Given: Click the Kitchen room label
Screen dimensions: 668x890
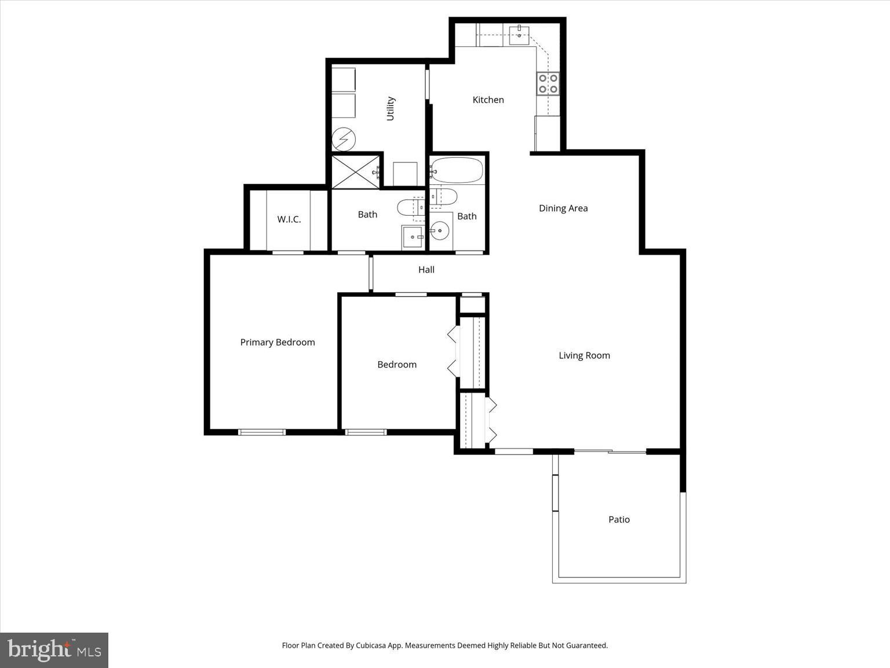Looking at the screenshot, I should click(x=488, y=100).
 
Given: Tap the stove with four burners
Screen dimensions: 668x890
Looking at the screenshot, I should click(x=548, y=83).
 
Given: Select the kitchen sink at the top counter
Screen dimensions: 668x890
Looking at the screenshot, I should click(x=519, y=35).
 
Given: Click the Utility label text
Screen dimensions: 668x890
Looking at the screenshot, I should click(x=390, y=108).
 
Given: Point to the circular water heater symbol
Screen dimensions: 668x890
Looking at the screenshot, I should click(x=343, y=139).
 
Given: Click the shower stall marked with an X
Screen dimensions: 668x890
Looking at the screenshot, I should click(x=355, y=172).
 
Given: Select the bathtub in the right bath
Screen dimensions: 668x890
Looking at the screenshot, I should click(x=457, y=170).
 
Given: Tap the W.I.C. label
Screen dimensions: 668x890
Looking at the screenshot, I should click(x=289, y=219).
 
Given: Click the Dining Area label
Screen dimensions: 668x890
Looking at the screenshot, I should click(x=563, y=208).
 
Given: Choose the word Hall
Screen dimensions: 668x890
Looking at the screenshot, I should click(x=426, y=270).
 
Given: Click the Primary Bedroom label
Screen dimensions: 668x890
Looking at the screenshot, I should click(x=278, y=342).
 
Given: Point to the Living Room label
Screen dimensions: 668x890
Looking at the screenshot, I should click(x=584, y=355).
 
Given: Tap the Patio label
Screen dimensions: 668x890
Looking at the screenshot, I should click(x=619, y=520).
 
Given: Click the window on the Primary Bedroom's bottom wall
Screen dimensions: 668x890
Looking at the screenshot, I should click(x=262, y=432).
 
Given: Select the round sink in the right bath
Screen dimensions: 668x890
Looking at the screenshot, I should click(x=440, y=231).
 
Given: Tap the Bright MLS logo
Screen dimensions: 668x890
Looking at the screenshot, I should click(x=54, y=650).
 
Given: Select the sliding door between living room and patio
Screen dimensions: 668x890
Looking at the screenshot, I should click(x=610, y=451).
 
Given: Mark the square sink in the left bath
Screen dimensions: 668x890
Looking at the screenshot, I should click(x=413, y=237).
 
